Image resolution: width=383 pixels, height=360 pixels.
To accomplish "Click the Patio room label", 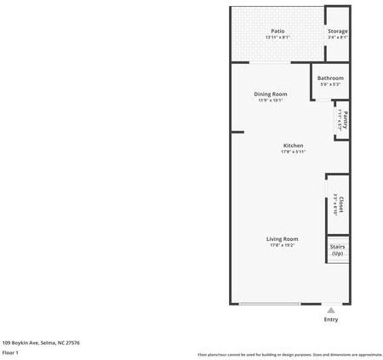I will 278,31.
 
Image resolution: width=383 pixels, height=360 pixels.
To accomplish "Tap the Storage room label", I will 338,31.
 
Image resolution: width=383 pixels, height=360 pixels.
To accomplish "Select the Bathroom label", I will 330,78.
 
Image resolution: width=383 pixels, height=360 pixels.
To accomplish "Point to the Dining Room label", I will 271,94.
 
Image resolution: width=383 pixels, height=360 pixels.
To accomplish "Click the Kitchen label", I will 293,146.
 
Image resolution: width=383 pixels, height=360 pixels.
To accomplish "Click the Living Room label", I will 282,239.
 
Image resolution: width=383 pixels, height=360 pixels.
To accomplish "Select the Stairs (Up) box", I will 337,250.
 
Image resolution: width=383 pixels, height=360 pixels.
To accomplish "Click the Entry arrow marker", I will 331,311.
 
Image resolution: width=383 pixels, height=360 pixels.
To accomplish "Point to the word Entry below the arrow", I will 331,320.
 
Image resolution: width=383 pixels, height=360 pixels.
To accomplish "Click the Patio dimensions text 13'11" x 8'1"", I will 278,37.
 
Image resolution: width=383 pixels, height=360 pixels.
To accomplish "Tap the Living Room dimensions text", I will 282,246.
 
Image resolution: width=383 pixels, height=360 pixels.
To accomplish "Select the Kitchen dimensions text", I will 293,152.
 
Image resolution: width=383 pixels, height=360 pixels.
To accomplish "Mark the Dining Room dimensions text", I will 271,100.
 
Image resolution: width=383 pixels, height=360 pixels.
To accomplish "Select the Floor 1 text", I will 11,351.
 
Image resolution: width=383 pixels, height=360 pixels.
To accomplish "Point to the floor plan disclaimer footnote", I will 290,354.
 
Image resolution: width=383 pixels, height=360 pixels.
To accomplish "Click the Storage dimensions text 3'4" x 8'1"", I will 338,37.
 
